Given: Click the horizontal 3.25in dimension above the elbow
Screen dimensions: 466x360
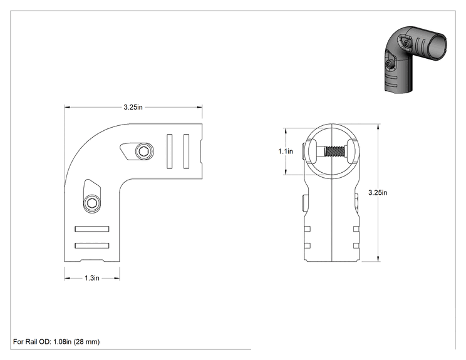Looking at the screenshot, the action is click(x=133, y=107).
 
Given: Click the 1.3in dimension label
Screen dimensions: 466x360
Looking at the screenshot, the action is click(x=92, y=278).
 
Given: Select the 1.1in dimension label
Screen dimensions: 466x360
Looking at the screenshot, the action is click(x=286, y=151).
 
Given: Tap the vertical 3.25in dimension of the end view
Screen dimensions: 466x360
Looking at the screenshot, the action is click(x=378, y=192).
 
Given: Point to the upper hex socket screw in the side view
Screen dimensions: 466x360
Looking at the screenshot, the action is click(x=144, y=152).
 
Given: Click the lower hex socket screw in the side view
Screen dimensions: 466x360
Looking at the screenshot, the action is click(x=91, y=203).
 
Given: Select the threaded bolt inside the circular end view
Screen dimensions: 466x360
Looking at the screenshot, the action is click(x=334, y=151).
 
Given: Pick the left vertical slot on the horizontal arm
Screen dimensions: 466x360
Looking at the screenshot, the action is click(x=169, y=151).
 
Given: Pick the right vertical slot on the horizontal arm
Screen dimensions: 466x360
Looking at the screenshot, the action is click(x=187, y=151).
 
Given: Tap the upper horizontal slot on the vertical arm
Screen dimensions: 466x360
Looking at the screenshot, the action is click(x=92, y=229).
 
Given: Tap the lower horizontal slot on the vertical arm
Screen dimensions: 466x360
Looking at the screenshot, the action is click(x=92, y=245).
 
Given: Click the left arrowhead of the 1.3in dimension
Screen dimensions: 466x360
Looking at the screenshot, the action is click(x=67, y=279).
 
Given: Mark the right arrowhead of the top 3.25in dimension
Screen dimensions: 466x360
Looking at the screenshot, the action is click(x=200, y=107).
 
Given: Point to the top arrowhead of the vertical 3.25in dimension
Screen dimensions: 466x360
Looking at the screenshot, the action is click(x=378, y=127).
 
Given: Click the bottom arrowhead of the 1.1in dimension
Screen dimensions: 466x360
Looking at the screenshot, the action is click(x=286, y=172).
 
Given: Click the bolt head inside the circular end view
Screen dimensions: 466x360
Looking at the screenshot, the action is click(x=316, y=151).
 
